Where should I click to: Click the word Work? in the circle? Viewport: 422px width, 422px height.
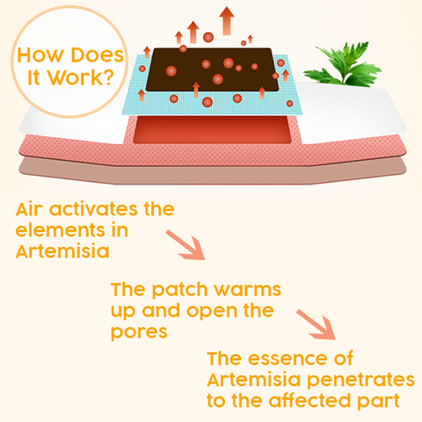pyautogui.click(x=81, y=77)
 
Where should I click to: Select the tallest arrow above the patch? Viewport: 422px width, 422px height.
pyautogui.click(x=227, y=21)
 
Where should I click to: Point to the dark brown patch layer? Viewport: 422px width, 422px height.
pyautogui.click(x=212, y=69)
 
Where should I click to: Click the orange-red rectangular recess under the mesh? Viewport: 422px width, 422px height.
pyautogui.click(x=212, y=129)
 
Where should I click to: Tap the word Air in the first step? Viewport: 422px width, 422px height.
pyautogui.click(x=29, y=209)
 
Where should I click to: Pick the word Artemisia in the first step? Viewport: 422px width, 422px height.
pyautogui.click(x=62, y=251)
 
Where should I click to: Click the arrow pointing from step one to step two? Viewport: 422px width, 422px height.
pyautogui.click(x=186, y=244)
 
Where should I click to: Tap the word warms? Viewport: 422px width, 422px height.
pyautogui.click(x=247, y=289)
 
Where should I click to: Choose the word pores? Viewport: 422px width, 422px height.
pyautogui.click(x=139, y=332)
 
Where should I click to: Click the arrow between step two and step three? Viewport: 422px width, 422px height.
pyautogui.click(x=316, y=324)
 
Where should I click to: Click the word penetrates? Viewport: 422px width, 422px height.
pyautogui.click(x=360, y=380)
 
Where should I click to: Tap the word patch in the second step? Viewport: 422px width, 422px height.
pyautogui.click(x=179, y=290)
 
